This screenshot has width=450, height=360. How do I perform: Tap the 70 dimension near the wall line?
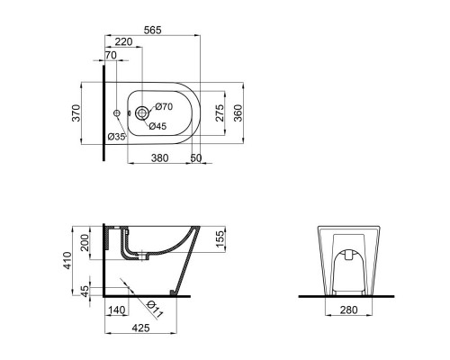112,56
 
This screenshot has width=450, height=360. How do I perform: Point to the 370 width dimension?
76,113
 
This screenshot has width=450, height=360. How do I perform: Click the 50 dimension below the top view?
196,157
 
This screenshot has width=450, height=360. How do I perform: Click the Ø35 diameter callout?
115,137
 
